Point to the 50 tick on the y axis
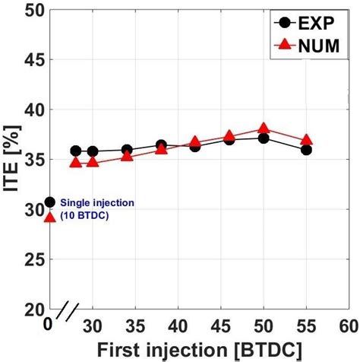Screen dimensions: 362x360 pos(33,11)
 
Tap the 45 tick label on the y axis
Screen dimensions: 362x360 pos(33,60)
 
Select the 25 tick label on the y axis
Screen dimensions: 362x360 pos(33,259)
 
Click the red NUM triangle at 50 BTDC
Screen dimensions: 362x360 pos(264,129)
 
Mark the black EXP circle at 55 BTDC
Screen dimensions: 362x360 pos(306,150)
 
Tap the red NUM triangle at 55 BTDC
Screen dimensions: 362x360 pos(306,140)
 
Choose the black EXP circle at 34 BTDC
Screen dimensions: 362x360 pos(127,150)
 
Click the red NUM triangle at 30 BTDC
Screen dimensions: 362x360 pos(93,162)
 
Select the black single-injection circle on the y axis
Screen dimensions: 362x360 pos(50,202)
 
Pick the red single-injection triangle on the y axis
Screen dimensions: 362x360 pos(50,217)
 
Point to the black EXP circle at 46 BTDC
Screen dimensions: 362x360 pos(229,140)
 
